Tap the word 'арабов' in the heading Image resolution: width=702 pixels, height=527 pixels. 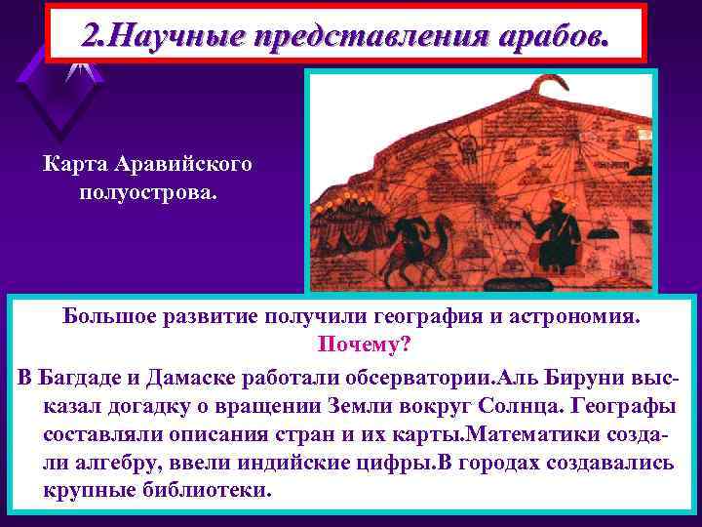550,35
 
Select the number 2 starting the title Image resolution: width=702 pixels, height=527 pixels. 93,35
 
